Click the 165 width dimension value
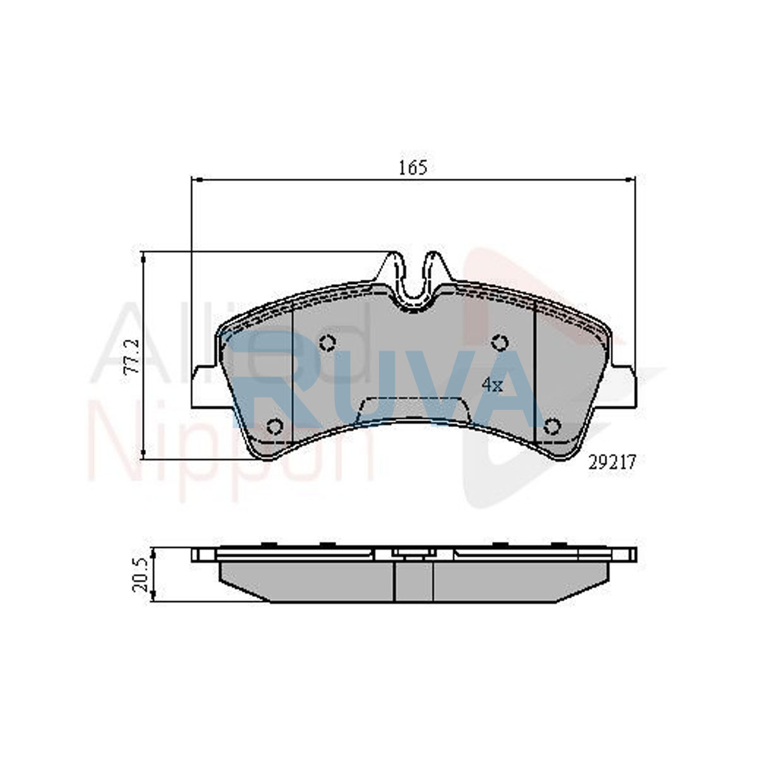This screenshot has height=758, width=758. pos(413,168)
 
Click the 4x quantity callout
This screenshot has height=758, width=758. pos(493,385)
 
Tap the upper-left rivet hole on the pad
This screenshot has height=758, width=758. pos(327,342)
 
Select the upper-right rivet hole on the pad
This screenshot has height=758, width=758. pos(500,342)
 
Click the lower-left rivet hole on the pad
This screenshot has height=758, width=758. pos(275,426)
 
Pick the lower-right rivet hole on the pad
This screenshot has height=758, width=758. pos(553,426)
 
